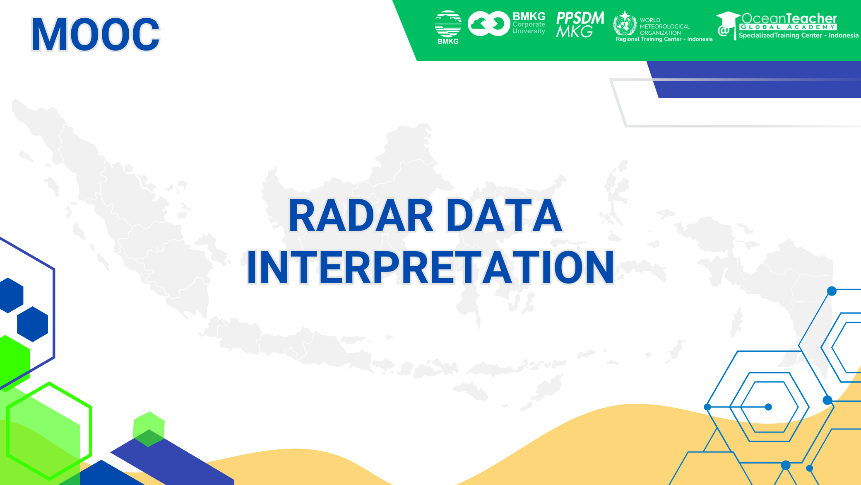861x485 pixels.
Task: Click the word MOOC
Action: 95,34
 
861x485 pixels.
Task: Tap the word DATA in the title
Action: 505,216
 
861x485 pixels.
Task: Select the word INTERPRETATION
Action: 430,268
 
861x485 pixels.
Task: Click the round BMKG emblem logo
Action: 448,24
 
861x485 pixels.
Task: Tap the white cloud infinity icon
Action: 488,24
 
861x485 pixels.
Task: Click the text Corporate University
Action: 529,28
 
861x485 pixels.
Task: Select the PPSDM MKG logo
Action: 580,24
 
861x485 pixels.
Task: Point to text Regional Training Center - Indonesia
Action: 664,39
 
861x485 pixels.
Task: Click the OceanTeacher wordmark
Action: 789,18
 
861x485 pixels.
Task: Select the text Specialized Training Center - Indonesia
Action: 798,36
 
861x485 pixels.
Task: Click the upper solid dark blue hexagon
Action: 11,295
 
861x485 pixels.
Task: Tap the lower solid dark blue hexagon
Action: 33,324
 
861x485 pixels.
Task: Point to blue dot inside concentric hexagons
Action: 768,407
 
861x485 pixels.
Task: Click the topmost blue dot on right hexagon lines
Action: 832,291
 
